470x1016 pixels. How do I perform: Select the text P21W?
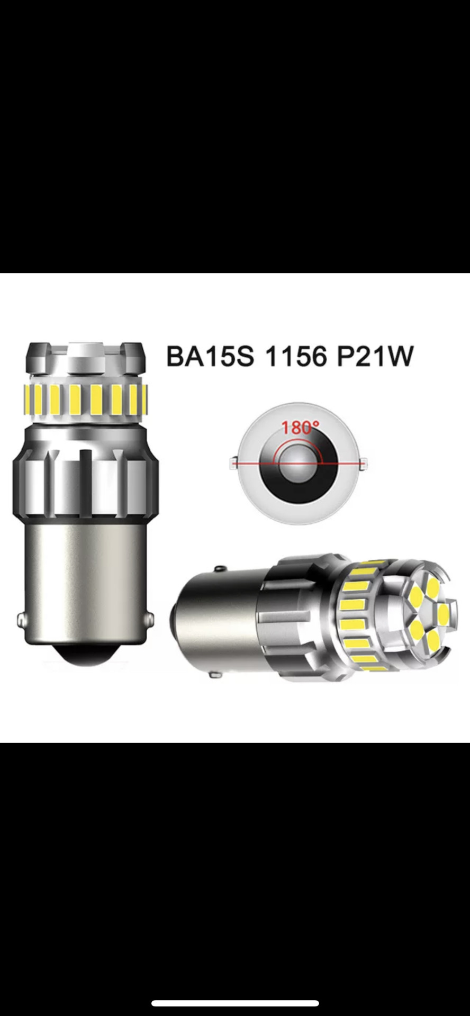point(374,356)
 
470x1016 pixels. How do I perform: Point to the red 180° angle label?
point(300,427)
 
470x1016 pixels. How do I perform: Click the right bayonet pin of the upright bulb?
point(151,619)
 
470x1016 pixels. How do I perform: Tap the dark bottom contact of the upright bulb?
point(85,655)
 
